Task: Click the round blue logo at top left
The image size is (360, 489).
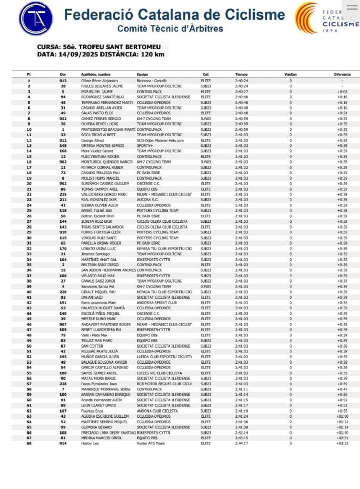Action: [36, 19]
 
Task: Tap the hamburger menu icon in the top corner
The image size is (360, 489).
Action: [352, 7]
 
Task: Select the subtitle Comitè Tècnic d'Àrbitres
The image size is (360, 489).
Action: [170, 29]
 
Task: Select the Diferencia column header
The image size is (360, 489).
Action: [342, 75]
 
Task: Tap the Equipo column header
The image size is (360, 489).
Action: [142, 75]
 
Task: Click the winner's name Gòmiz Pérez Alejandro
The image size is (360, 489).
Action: [99, 81]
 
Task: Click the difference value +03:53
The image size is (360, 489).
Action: [342, 443]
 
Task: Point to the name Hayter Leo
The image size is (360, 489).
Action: [89, 443]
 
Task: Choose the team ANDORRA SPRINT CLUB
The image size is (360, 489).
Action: [156, 302]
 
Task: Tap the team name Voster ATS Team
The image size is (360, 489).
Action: [150, 443]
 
